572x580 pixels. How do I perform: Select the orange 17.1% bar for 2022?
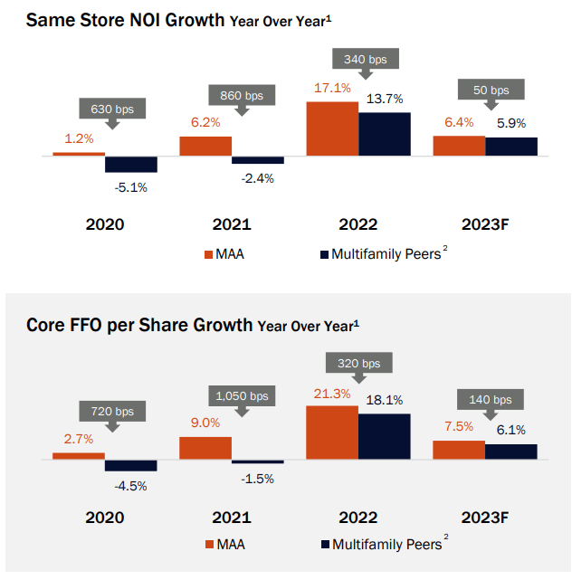[x=332, y=129]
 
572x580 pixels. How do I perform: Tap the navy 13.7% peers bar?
[x=384, y=135]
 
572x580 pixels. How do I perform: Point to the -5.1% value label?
[x=130, y=188]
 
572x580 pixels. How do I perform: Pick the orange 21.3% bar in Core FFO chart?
[x=332, y=433]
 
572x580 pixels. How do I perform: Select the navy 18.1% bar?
[x=384, y=437]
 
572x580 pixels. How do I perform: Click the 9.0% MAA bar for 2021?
[x=205, y=449]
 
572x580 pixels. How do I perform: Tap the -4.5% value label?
[x=130, y=485]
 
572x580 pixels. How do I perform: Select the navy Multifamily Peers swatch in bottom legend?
[x=325, y=545]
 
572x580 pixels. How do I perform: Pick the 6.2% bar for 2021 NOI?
[x=205, y=147]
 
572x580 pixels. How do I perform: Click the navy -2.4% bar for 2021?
[x=258, y=160]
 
